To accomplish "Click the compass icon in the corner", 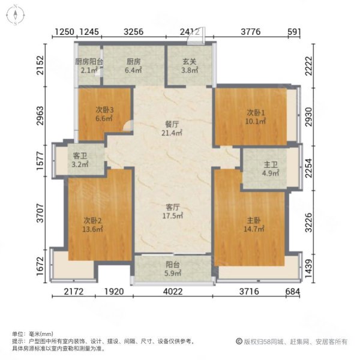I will (16, 13).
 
